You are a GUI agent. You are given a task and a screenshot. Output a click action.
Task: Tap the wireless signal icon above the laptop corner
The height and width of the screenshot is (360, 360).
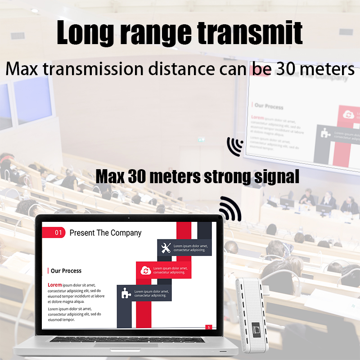coord(230,208)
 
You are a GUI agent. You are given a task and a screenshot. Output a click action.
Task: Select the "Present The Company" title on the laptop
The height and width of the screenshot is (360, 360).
coord(105,233)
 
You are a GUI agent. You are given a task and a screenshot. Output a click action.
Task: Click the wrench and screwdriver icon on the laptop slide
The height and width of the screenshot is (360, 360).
coord(166,247)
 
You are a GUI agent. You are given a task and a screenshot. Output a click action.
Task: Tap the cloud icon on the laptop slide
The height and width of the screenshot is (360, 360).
coord(145,270)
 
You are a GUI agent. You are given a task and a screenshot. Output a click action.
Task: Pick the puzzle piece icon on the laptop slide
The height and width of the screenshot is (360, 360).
coord(125,293)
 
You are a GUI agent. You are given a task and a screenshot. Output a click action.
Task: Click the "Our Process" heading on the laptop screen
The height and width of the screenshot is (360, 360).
coord(66,271)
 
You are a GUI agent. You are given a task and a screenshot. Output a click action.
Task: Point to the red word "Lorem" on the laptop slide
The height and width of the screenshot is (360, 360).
coord(54,285)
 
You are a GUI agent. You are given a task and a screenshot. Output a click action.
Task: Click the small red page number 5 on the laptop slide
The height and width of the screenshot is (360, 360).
coord(208,327)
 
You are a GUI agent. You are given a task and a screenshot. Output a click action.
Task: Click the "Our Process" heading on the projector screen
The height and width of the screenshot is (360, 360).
coord(269,106)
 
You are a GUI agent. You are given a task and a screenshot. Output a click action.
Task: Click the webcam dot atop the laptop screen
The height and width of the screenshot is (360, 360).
coord(129,218)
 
